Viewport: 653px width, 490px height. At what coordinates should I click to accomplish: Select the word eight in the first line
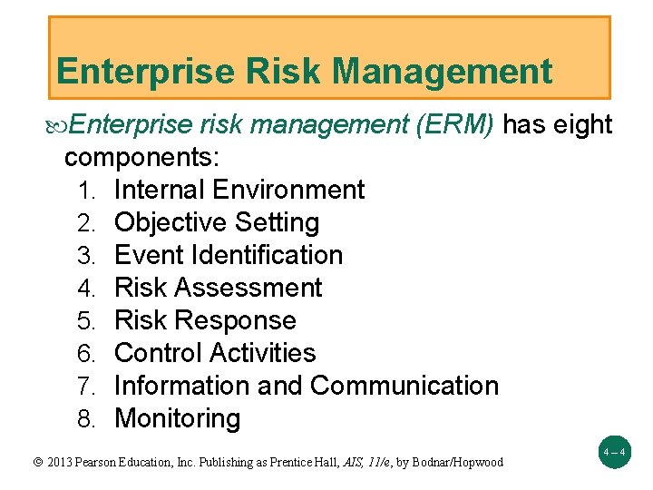point(581,125)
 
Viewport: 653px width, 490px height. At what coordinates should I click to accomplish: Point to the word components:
point(141,157)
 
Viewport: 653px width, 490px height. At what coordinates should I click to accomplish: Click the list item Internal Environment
point(239,190)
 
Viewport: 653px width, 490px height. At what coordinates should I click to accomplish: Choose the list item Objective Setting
point(217,222)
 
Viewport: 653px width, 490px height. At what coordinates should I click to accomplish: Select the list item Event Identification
point(229,255)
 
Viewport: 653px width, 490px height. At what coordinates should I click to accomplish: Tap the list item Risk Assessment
point(218,288)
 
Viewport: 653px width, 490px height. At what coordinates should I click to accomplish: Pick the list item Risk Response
point(205,320)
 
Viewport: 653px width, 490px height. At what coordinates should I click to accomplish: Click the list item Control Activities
point(215,353)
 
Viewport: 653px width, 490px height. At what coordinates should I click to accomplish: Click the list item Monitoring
point(178,418)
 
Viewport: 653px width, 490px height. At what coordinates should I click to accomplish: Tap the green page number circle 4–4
point(612,451)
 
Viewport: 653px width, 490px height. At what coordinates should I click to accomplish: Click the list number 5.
point(86,321)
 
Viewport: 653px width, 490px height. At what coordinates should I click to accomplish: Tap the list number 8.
point(86,419)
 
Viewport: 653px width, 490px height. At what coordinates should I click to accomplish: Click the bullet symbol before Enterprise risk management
point(60,125)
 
